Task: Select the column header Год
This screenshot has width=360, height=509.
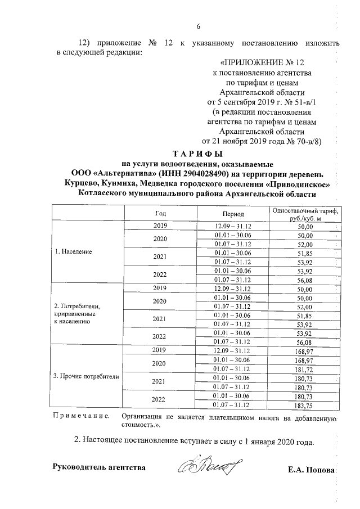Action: [160, 213]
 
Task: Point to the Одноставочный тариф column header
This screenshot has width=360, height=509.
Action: [304, 214]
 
